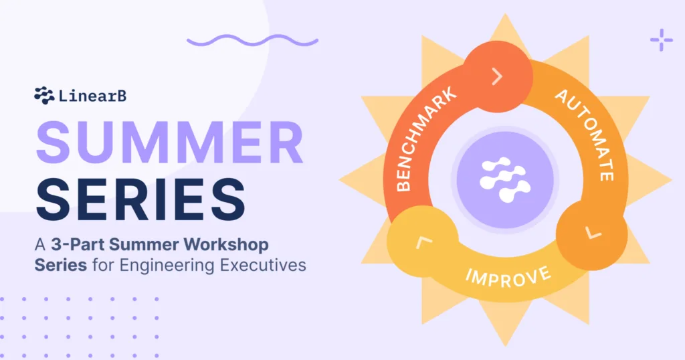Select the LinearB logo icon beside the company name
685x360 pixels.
click(44, 96)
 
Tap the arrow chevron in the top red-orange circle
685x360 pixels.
click(497, 78)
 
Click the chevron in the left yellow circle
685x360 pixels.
click(420, 240)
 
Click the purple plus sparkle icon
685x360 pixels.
click(662, 40)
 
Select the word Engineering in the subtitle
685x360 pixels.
click(165, 265)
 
